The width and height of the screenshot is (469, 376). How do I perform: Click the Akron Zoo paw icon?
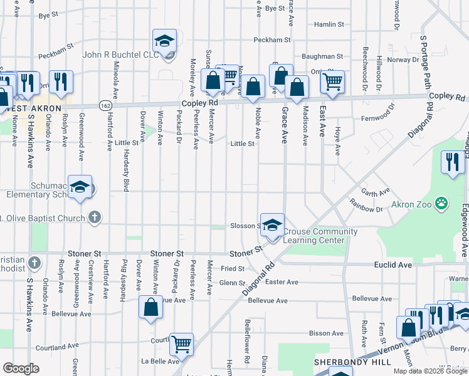click(x=443, y=202)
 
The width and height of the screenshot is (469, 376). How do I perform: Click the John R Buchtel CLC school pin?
click(x=164, y=42)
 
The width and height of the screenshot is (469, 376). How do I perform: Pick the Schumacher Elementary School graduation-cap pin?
click(x=80, y=187)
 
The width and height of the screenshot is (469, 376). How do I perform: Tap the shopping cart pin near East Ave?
click(x=332, y=81)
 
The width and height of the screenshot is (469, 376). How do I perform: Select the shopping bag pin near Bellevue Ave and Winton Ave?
click(x=150, y=308)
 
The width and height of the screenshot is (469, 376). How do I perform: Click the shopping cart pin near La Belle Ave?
click(x=181, y=343)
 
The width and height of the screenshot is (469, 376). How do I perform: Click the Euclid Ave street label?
click(x=394, y=265)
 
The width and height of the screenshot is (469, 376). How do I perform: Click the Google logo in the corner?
click(x=21, y=368)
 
